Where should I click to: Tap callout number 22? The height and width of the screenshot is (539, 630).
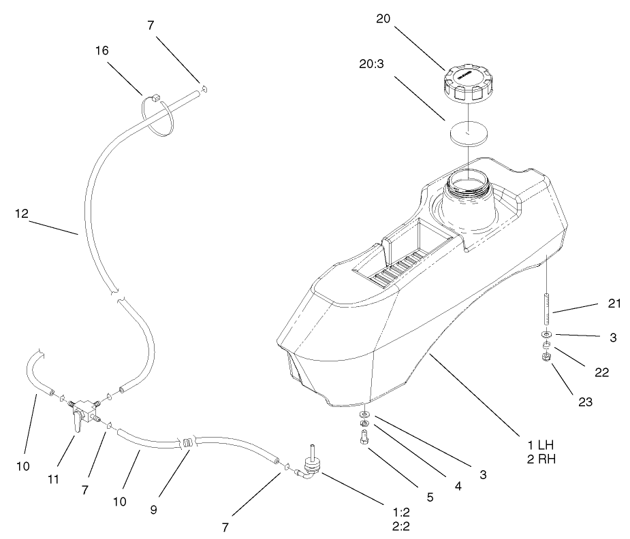(601, 372)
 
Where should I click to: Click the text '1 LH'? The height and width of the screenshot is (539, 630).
(536, 444)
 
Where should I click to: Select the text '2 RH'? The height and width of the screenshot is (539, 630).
(536, 459)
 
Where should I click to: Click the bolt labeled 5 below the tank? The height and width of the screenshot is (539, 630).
(364, 440)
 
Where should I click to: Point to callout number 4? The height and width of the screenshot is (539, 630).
(457, 486)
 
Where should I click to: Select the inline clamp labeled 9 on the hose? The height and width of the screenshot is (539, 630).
(186, 442)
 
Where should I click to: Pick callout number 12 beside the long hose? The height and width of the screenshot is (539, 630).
(22, 213)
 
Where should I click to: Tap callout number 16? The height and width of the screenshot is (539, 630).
(102, 50)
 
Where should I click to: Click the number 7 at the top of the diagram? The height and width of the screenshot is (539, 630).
(151, 25)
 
